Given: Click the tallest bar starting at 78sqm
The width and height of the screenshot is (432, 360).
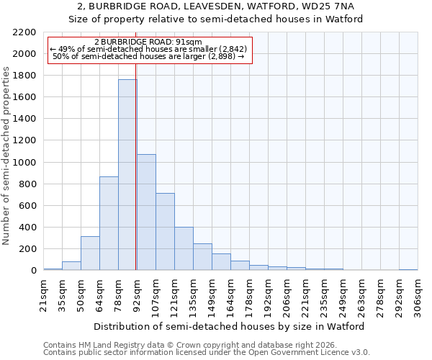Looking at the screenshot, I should pos(127,175).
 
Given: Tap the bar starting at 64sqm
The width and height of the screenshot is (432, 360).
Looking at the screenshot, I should pos(109,223).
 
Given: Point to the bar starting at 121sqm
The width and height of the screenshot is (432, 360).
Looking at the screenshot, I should pos(184,249).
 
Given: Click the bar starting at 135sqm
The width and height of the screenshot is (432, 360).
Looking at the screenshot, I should pos(202,257).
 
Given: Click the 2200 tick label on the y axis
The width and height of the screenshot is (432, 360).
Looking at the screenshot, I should pos(24,32).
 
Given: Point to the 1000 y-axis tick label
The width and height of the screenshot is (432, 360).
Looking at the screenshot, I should pos(24,163).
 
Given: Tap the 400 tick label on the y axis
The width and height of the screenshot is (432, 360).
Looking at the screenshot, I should pos(27,228).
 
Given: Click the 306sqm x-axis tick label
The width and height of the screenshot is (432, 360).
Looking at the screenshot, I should pos(418,295).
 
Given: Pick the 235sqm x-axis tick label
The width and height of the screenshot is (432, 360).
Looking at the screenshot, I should pos(325,295).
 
